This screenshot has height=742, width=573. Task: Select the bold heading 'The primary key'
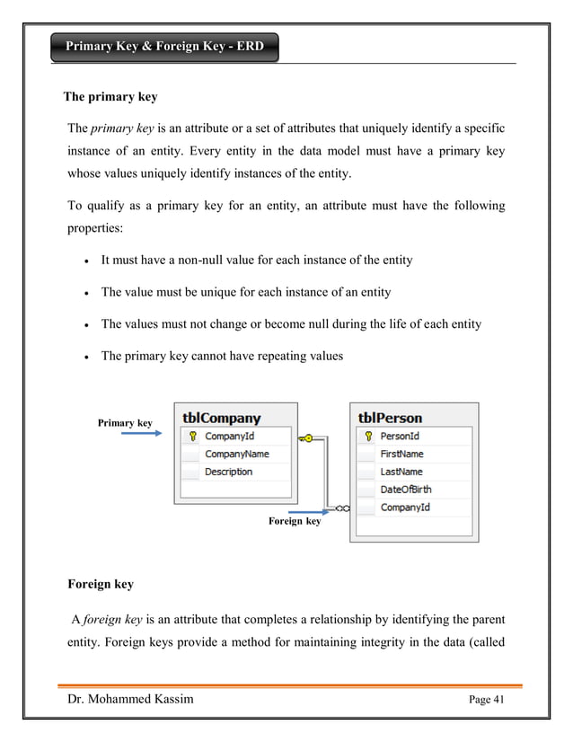click(x=110, y=97)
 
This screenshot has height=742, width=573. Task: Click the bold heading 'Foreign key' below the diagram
click(x=101, y=584)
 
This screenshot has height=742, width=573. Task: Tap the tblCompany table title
click(x=221, y=418)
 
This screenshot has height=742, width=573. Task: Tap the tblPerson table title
click(x=390, y=418)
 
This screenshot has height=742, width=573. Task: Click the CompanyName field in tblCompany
click(x=236, y=455)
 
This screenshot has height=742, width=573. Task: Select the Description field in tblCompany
click(x=228, y=472)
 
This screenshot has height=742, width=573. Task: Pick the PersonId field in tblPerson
click(x=400, y=437)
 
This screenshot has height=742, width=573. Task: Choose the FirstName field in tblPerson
click(x=401, y=455)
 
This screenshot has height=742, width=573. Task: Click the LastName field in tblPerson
click(x=401, y=472)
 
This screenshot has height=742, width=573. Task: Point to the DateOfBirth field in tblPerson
click(x=405, y=490)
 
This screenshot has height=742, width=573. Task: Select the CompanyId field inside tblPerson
click(x=404, y=508)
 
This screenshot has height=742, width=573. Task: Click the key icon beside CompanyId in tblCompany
click(x=191, y=437)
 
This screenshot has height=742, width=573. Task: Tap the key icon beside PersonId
click(x=366, y=437)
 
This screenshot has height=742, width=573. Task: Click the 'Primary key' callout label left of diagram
click(x=124, y=422)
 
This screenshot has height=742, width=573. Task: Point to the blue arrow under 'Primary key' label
click(x=141, y=434)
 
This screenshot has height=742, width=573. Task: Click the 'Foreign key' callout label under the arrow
click(x=295, y=521)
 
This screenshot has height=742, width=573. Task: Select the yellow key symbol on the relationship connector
click(x=308, y=437)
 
